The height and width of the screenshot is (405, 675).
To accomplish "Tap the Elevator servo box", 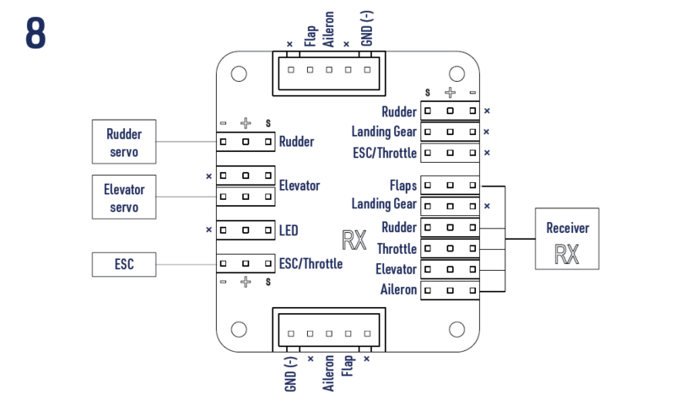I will (x=124, y=197).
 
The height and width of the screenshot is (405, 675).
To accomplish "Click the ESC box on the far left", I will (x=124, y=265).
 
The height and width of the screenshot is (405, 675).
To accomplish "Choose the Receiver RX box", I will (x=567, y=239).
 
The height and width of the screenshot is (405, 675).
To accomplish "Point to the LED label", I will (x=289, y=229).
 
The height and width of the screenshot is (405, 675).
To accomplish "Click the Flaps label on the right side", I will (x=402, y=185).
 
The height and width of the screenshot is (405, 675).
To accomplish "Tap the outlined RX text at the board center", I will (x=354, y=240).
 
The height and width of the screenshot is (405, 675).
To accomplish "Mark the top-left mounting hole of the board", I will (x=239, y=73).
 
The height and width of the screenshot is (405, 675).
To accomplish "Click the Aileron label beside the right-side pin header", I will (x=398, y=290).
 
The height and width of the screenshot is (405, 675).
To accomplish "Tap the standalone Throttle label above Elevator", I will (x=396, y=249).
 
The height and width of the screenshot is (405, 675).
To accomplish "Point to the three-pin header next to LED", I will (x=245, y=229).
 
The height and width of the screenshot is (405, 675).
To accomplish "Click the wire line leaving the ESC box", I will (x=186, y=265).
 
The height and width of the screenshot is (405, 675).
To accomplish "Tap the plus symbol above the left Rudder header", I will (x=245, y=123).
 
